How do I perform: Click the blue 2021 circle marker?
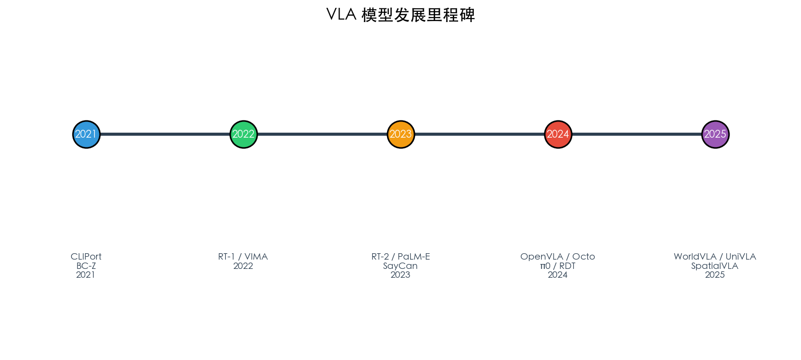(x=86, y=134)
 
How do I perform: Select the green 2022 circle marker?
(x=243, y=134)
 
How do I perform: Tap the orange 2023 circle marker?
(x=401, y=134)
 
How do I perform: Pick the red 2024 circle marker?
(x=558, y=134)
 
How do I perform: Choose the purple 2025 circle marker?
(x=716, y=134)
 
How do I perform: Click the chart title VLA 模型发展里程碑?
(x=401, y=15)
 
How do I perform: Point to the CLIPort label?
(x=86, y=257)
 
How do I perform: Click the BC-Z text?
(x=86, y=266)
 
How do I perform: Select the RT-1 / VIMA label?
(x=243, y=257)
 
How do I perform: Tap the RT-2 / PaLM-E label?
(x=401, y=257)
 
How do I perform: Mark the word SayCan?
(x=401, y=266)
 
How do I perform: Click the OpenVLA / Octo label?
(x=558, y=257)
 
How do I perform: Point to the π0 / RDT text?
(x=558, y=266)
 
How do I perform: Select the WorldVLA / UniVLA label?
(x=715, y=257)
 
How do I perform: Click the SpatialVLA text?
(x=715, y=266)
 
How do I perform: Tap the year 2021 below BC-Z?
(x=86, y=275)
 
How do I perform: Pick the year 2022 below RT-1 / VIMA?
(x=243, y=266)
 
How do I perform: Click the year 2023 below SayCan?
(x=401, y=275)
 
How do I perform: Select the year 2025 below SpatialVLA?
(x=715, y=275)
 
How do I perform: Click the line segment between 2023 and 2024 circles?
(x=480, y=134)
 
